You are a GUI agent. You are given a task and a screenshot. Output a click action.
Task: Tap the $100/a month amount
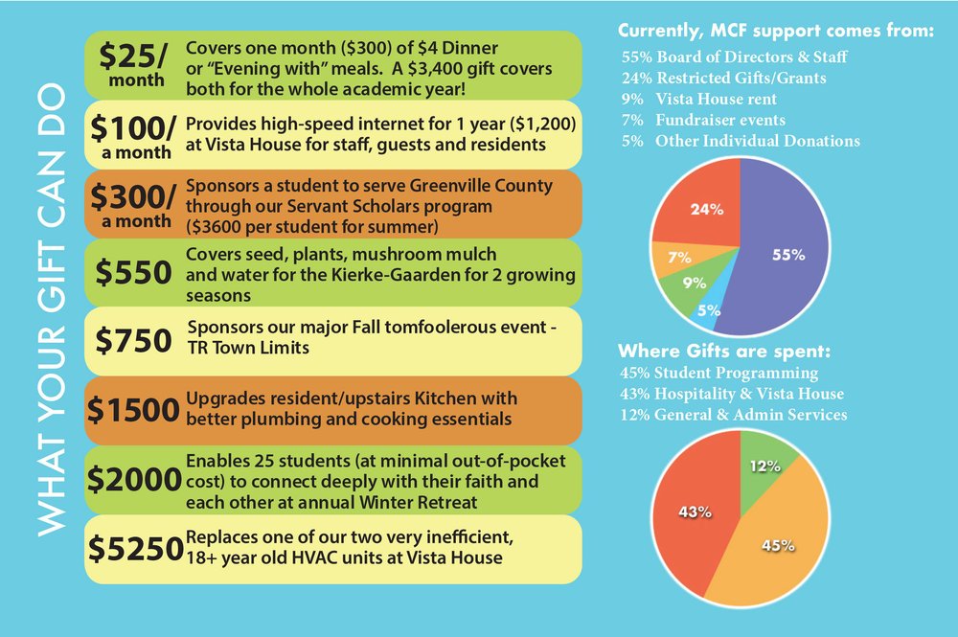pos(133,133)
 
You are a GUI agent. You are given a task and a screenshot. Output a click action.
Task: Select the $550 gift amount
pos(133,272)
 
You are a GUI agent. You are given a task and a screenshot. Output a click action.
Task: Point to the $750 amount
pos(133,340)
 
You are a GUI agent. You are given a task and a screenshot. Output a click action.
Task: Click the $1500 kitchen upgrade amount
pos(133,409)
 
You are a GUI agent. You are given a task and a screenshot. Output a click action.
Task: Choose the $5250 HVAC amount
pos(135,548)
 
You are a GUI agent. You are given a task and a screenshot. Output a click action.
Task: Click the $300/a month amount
pos(133,203)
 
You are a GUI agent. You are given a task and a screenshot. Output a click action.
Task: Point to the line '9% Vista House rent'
pos(698,100)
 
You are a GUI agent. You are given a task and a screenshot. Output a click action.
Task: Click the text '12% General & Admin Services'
pos(733,415)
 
